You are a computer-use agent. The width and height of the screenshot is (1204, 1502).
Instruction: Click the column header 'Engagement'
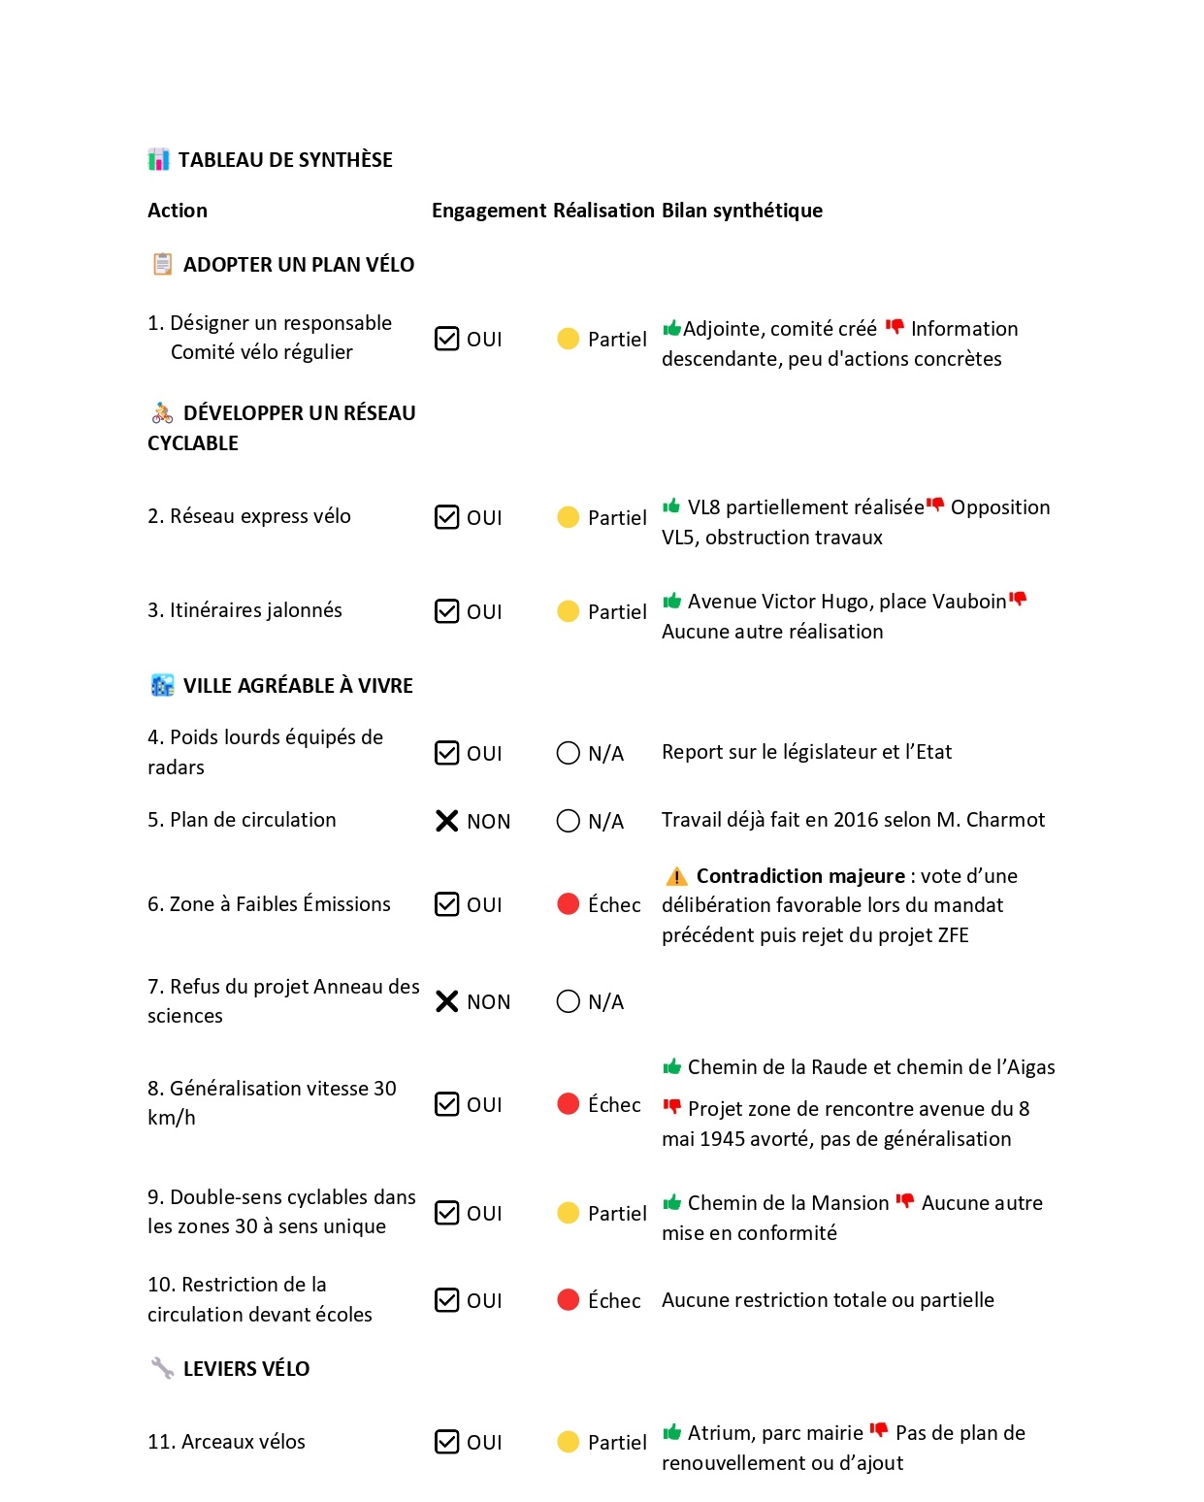(489, 211)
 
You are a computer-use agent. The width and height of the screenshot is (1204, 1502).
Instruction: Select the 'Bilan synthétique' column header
(741, 211)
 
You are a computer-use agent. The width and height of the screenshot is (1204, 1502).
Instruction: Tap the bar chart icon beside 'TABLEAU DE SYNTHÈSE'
(159, 160)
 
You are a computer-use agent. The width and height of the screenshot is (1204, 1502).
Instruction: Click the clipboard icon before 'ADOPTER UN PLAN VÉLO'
(162, 264)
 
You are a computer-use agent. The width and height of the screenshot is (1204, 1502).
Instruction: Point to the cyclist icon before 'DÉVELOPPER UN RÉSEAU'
(162, 413)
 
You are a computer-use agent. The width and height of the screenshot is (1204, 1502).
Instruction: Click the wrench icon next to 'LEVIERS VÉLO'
(162, 1368)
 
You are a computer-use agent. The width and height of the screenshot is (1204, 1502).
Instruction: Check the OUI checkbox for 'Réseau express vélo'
(446, 517)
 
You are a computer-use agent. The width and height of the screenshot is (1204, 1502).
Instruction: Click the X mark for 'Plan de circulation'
(446, 821)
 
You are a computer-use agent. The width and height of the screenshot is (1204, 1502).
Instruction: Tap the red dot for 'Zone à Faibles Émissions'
(569, 904)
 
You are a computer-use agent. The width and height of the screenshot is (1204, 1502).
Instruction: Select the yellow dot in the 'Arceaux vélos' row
(569, 1442)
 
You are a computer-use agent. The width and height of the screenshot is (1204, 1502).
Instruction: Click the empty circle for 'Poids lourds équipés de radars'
(569, 753)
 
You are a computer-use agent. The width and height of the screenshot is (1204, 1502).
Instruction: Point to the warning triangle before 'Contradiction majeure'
(676, 876)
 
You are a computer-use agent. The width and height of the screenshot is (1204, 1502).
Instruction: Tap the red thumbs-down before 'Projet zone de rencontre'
(671, 1107)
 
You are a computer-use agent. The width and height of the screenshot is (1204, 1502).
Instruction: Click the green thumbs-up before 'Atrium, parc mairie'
(671, 1432)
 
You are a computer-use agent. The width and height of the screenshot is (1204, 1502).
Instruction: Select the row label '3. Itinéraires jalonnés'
(244, 610)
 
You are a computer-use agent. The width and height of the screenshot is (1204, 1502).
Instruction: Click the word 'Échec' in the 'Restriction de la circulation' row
(614, 1300)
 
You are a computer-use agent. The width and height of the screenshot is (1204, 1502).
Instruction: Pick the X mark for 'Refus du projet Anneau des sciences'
(446, 1001)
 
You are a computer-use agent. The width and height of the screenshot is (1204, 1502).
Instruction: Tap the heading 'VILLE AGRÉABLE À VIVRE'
(298, 686)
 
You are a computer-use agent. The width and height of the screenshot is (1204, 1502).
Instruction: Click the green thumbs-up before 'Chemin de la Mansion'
(671, 1203)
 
